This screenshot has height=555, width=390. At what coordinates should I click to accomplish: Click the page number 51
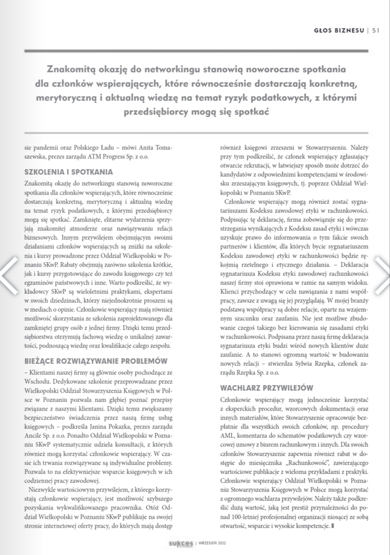[x=376, y=31]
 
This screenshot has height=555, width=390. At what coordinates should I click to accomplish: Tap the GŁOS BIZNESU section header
[x=339, y=31]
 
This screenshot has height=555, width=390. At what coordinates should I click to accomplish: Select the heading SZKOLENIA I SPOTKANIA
[x=69, y=172]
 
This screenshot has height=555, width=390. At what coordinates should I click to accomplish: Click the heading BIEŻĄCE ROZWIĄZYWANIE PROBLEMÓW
[x=96, y=361]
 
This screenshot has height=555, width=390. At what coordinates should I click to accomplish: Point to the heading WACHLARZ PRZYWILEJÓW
[x=267, y=388]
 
